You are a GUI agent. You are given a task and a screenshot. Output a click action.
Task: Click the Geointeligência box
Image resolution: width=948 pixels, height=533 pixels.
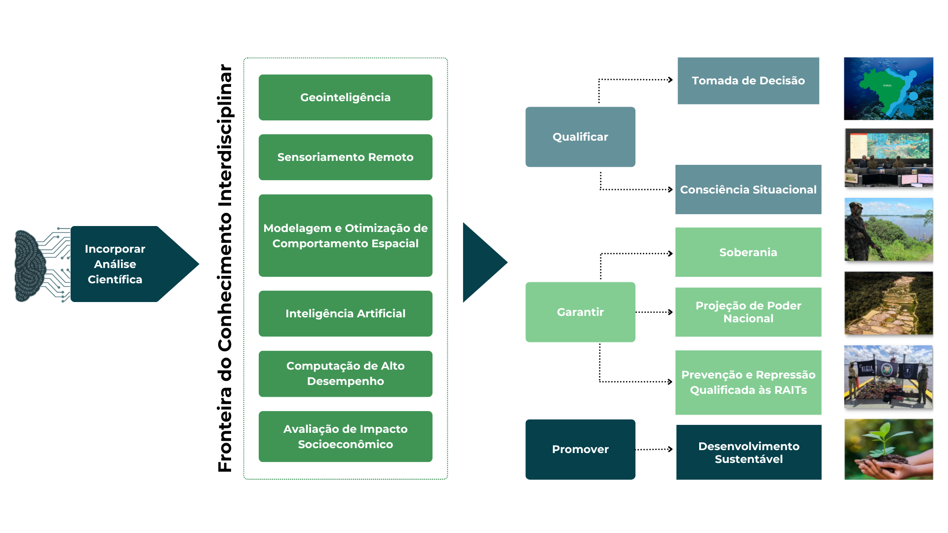click(x=345, y=97)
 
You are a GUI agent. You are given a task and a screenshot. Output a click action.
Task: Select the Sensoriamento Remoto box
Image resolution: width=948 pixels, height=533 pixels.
click(x=345, y=157)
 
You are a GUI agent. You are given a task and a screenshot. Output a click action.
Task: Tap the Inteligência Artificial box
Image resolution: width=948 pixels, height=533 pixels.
click(x=345, y=313)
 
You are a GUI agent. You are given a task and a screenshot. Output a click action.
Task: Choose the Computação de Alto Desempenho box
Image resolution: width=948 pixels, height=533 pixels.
click(x=345, y=374)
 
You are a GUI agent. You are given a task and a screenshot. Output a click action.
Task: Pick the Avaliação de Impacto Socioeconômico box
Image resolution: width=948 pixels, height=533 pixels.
click(x=345, y=436)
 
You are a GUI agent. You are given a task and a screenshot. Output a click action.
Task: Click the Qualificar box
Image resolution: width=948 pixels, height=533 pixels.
click(x=580, y=137)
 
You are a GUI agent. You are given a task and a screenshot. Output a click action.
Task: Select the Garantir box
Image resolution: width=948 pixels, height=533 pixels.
click(x=580, y=312)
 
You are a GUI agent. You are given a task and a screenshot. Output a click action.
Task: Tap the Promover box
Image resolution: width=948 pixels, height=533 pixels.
click(x=580, y=449)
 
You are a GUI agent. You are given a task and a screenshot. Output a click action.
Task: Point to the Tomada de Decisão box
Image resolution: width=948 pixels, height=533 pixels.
click(x=748, y=80)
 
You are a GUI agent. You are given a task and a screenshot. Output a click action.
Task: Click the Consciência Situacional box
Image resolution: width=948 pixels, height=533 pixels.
click(x=748, y=190)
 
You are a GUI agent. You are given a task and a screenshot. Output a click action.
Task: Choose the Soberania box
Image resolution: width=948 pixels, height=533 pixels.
click(x=748, y=252)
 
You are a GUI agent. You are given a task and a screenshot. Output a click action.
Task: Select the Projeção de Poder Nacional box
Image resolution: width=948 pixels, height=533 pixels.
click(x=748, y=312)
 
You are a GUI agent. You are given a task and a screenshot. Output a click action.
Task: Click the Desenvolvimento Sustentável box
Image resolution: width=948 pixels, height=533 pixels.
click(x=749, y=452)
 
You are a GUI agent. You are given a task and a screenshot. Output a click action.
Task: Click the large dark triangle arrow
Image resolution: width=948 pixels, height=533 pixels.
click(x=481, y=262)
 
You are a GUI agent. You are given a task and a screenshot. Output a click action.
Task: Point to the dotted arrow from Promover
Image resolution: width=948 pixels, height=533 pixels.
click(x=654, y=449)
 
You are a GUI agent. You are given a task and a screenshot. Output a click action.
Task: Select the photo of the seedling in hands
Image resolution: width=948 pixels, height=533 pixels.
click(x=888, y=449)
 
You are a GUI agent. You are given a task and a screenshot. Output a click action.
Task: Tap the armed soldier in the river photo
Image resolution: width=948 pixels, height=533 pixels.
click(x=862, y=229)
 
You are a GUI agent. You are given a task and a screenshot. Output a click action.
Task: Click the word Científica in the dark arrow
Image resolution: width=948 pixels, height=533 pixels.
click(x=115, y=279)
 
